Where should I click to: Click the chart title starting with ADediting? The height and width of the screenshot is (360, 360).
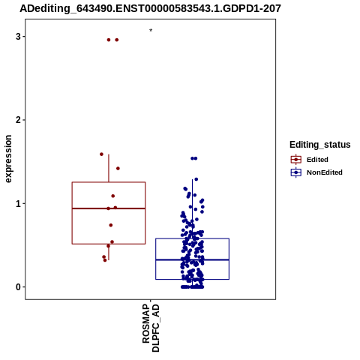coord(150,8)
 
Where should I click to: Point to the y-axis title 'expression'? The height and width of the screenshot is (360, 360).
coord(8,159)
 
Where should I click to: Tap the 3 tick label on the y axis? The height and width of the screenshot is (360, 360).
coord(18,37)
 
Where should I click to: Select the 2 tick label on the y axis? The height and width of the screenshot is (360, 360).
coord(18,120)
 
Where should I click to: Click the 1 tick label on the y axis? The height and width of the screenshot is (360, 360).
coord(18,203)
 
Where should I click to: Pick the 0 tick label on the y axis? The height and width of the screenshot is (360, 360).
coord(18,287)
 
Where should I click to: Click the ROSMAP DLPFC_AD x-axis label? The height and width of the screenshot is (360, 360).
coord(151,328)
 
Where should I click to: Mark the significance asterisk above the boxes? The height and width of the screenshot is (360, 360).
coord(151,30)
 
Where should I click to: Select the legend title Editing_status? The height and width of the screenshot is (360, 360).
coord(320,145)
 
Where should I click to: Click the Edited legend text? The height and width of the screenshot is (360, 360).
coord(317,160)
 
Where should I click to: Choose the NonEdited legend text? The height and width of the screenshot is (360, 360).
coord(325,172)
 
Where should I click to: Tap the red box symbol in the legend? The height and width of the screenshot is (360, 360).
coord(296,160)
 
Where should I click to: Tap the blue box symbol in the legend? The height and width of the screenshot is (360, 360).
coord(296,172)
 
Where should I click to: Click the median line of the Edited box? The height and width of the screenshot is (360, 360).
coord(109,208)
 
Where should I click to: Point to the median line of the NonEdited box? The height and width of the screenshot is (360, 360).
coord(193,259)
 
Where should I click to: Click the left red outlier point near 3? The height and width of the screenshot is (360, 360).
coord(109,40)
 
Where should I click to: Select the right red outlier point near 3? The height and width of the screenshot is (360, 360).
coord(117,40)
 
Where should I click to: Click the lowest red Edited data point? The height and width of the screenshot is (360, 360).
coord(105,260)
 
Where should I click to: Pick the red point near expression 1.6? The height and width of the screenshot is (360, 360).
coord(101,154)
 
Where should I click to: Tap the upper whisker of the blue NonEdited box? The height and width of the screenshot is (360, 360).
coord(193,208)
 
